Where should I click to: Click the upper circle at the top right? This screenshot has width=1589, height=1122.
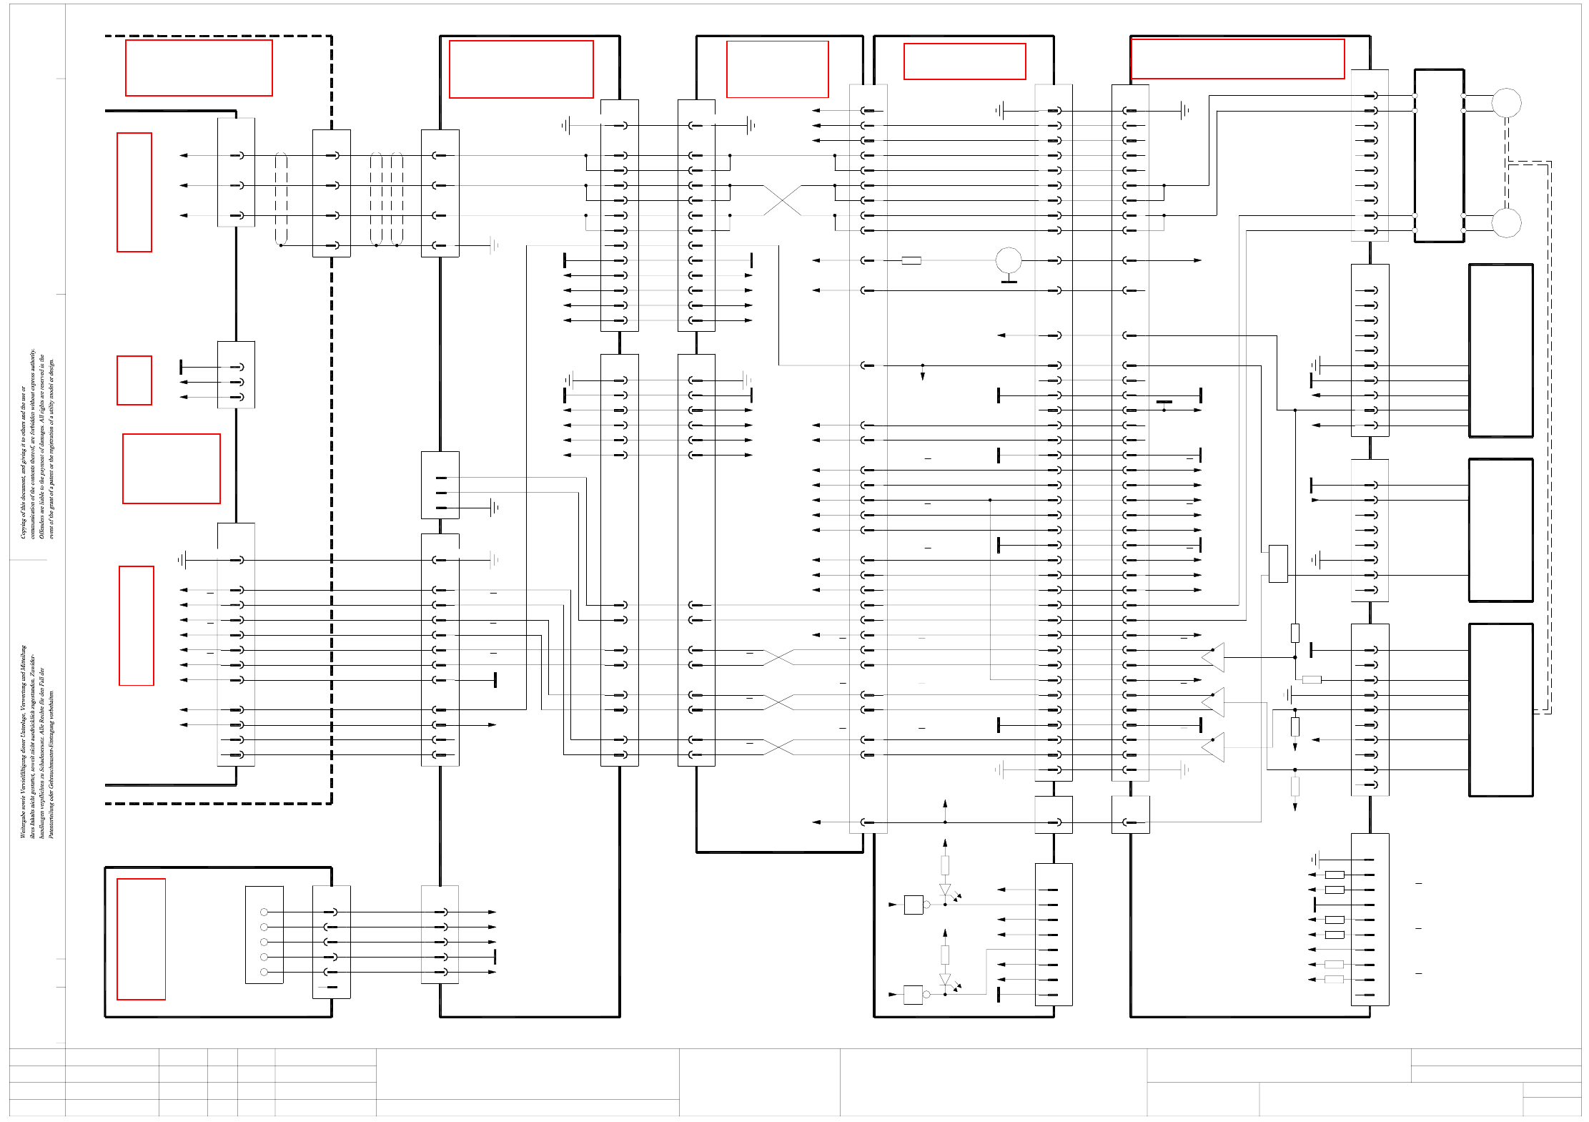(1506, 103)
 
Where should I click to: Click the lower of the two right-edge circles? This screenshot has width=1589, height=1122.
(1506, 223)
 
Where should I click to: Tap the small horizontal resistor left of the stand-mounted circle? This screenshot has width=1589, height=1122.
(911, 260)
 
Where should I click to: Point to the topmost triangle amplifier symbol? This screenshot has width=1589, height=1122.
(1214, 657)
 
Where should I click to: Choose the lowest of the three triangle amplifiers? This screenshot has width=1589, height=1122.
(1214, 747)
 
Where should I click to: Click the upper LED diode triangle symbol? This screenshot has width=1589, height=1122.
(945, 890)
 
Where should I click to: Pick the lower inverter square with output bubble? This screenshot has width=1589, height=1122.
(913, 995)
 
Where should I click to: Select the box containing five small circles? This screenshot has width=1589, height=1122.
(264, 935)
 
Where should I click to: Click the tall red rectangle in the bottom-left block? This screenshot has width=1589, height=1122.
(141, 939)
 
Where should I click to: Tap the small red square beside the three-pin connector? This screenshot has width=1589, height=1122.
(134, 380)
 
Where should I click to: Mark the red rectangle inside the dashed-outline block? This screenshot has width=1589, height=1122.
(199, 68)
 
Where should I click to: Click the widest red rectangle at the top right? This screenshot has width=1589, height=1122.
(1237, 59)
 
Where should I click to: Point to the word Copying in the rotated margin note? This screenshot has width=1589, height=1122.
(24, 526)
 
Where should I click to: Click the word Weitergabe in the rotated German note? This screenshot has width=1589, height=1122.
(24, 822)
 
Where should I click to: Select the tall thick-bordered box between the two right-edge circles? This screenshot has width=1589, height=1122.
(1439, 156)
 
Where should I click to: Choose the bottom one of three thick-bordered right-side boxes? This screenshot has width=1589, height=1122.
(1500, 709)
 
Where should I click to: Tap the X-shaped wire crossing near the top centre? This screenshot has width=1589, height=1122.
(782, 200)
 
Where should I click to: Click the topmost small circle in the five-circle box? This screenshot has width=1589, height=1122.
(264, 912)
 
